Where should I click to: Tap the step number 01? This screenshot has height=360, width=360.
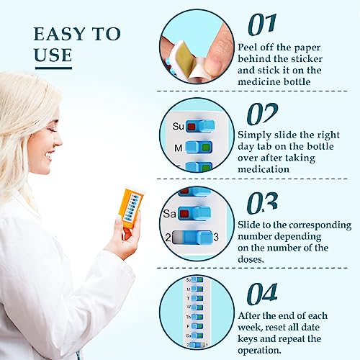(261, 24)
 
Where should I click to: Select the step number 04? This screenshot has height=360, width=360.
(263, 293)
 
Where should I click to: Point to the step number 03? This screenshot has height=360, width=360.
(262, 203)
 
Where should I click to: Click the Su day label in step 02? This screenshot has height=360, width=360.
(179, 127)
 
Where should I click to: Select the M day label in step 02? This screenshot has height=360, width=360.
(178, 148)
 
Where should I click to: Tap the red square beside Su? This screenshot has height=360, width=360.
(192, 127)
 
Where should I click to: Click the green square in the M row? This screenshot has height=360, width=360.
(206, 148)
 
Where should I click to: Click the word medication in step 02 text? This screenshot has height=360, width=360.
(264, 169)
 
